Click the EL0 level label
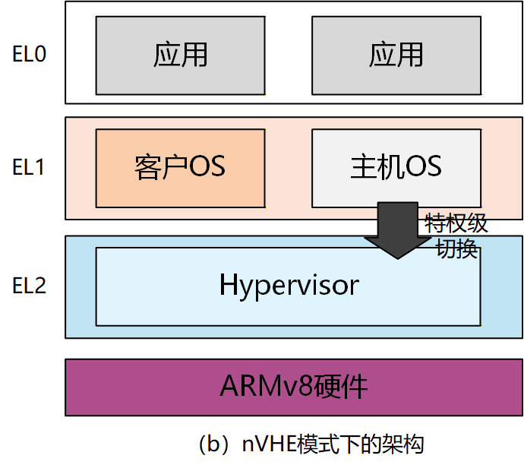[29, 55]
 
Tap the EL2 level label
[29, 286]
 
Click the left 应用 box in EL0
[180, 55]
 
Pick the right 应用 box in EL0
[396, 55]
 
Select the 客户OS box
[180, 167]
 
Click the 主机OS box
[396, 167]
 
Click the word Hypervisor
[289, 286]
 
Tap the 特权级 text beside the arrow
[456, 225]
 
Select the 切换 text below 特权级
[456, 248]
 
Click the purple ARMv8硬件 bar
[294, 387]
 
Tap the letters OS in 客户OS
[207, 167]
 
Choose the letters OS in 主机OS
[423, 167]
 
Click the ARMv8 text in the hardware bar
[266, 387]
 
